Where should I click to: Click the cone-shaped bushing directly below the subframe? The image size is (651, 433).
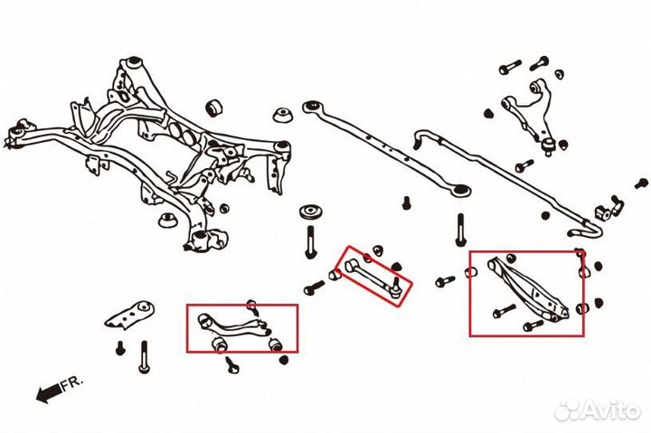pyautogui.click(x=168, y=220)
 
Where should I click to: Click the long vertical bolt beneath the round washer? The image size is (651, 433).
pyautogui.click(x=311, y=242)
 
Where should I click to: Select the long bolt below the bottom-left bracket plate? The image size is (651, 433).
pyautogui.click(x=143, y=358)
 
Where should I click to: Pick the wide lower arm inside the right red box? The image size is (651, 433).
pyautogui.click(x=529, y=288)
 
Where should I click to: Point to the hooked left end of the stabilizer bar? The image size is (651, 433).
pyautogui.click(x=421, y=139)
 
